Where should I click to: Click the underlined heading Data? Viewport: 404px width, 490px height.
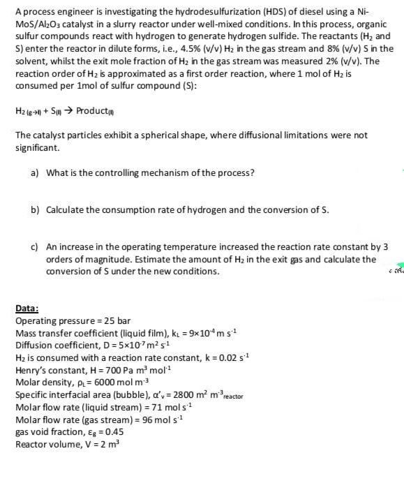(27, 309)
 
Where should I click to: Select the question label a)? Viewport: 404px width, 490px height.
(34, 172)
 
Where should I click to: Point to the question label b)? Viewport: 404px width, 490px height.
(34, 210)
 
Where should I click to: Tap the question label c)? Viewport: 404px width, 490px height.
(34, 247)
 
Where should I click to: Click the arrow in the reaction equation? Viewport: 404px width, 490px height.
(68, 110)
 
